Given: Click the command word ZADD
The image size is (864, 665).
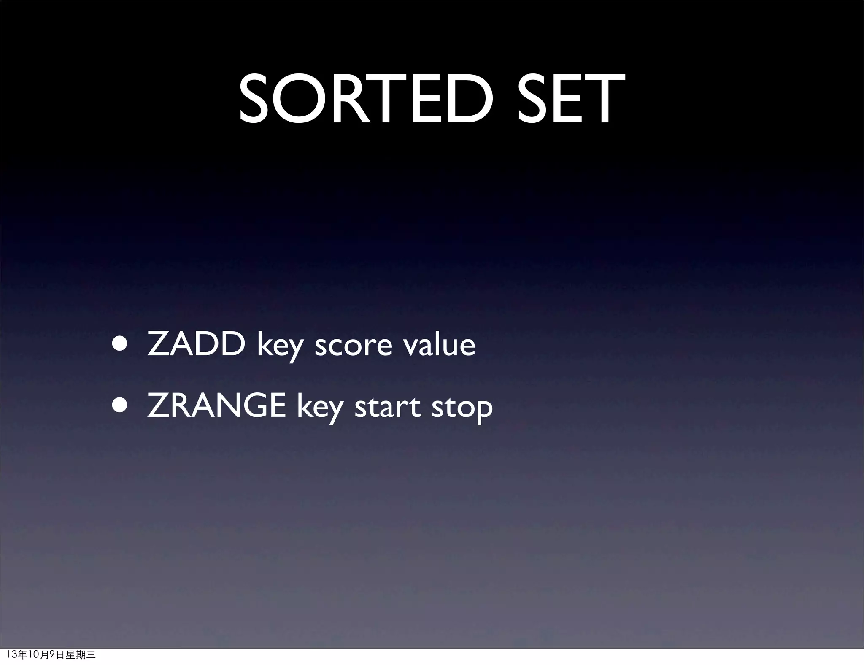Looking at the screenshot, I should tap(197, 344).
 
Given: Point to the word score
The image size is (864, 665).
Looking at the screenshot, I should tap(354, 345).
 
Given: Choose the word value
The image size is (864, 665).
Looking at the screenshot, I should tap(439, 344).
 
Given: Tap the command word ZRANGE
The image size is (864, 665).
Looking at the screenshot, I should tap(216, 406).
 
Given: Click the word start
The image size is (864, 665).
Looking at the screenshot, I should tap(388, 407).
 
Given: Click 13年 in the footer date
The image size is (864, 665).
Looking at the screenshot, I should tap(17, 655).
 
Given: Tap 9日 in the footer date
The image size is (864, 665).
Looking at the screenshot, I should tap(57, 655).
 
